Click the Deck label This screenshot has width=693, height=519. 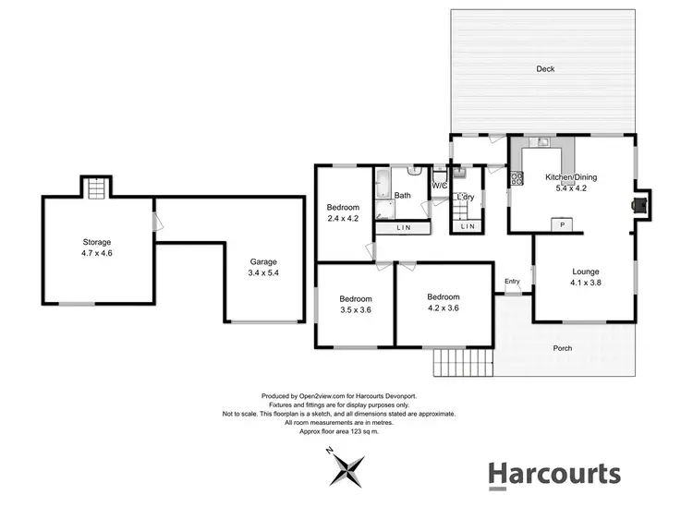(545, 68)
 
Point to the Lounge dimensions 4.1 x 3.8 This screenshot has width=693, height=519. (586, 283)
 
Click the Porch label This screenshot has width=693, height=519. (563, 348)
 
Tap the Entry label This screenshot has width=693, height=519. (512, 282)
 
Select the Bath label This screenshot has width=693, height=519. (403, 195)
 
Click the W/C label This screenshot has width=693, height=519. (439, 186)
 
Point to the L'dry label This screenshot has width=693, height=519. (465, 197)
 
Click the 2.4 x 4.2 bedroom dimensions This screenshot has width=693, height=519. (343, 219)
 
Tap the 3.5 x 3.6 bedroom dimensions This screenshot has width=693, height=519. (355, 310)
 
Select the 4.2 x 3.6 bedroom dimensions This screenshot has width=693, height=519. (443, 308)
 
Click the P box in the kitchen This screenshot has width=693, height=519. (563, 224)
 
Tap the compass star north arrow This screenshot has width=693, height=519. (350, 468)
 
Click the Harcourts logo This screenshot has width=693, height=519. (553, 474)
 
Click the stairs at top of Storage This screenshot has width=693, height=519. (97, 187)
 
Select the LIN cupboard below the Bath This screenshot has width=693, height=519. (403, 227)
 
